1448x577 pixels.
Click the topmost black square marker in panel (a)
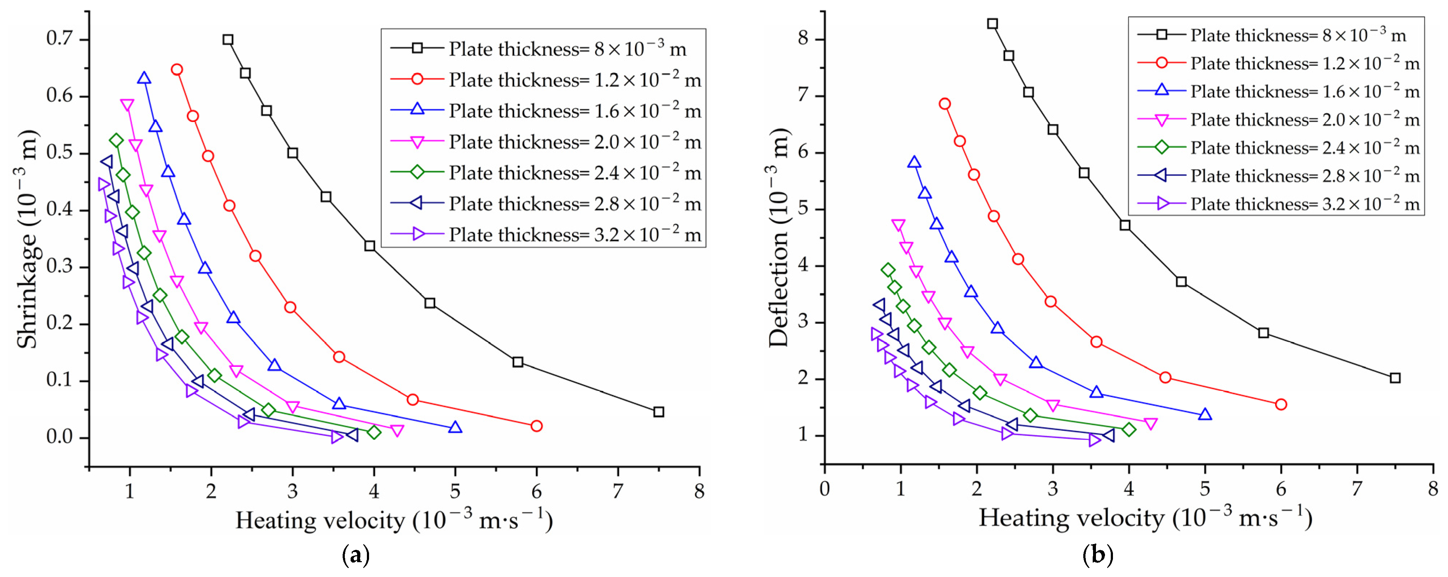coord(228,39)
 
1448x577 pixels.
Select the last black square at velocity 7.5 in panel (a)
coord(659,412)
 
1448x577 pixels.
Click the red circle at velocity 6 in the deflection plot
coord(1281,404)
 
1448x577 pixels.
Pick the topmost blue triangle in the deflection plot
coord(914,163)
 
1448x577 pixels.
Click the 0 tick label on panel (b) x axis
coord(825,489)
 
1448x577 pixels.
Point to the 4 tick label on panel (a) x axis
coord(374,492)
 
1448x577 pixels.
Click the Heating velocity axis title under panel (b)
coord(1145,517)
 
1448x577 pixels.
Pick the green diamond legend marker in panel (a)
coord(417,171)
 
